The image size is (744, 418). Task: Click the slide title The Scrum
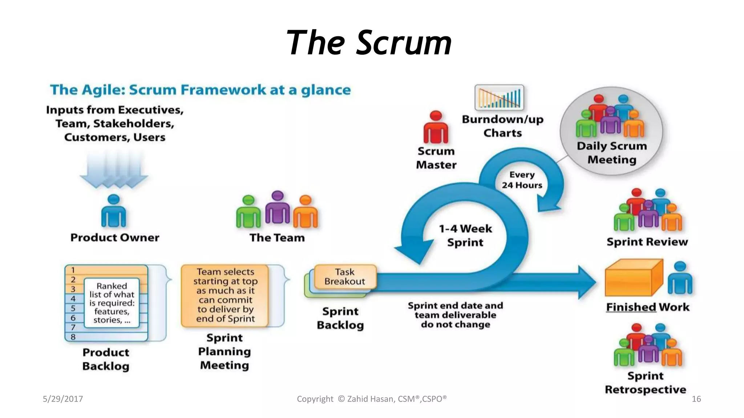point(369,43)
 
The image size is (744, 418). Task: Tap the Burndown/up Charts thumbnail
point(499,97)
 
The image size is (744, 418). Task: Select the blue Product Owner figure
point(114,212)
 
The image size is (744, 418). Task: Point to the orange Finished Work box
point(634,278)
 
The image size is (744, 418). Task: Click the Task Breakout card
point(345,276)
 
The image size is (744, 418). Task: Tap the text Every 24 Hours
point(522,180)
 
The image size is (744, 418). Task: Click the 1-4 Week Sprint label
point(465,235)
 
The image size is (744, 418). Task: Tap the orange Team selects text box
point(225,295)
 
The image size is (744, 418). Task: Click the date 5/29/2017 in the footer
point(63,399)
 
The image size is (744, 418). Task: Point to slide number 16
point(696,399)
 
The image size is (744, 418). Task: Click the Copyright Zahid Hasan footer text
point(372,399)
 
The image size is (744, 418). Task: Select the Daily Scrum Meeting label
point(612,153)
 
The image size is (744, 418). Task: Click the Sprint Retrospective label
point(646,383)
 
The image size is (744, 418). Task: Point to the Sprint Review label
point(647,242)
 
